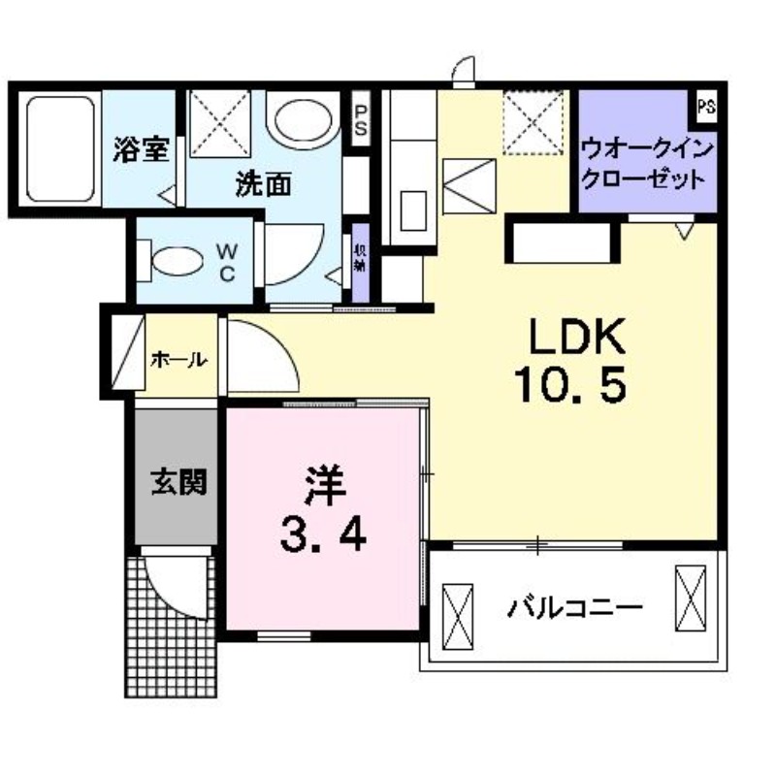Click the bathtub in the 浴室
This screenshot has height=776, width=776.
click(56, 147)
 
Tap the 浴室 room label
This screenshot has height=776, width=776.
click(142, 149)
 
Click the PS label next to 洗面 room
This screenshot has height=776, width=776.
click(360, 119)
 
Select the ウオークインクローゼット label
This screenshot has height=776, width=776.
click(647, 164)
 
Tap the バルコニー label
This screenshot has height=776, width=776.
click(574, 609)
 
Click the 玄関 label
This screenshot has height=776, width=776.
click(178, 482)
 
